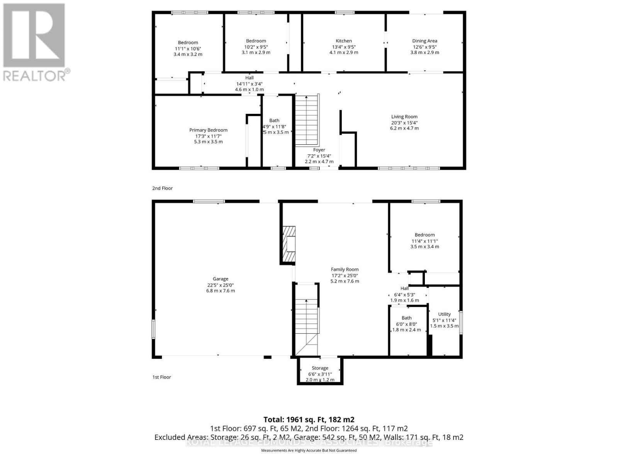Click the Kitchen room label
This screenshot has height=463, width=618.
point(344,41)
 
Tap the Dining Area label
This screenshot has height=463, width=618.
point(424,41)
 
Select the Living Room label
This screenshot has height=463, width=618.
point(404,117)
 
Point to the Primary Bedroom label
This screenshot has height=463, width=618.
point(208,130)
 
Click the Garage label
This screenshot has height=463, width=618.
point(220,279)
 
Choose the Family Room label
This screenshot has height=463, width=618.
point(345,270)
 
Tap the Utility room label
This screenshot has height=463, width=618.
point(444,314)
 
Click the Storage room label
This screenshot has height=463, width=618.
point(320,368)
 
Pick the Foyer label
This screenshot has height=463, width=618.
point(319,150)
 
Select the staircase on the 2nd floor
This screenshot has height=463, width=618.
point(307,120)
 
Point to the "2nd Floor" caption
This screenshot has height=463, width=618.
point(162,188)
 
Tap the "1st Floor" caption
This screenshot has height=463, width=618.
point(161,377)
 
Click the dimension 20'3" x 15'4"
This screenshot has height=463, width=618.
point(404,123)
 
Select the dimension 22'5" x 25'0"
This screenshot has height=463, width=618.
point(220,285)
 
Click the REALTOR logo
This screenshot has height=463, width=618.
point(35,42)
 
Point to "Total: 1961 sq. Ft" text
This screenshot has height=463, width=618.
point(309,419)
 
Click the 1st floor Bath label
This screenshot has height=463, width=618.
point(406,318)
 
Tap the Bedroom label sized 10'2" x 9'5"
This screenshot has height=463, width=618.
point(256,41)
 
